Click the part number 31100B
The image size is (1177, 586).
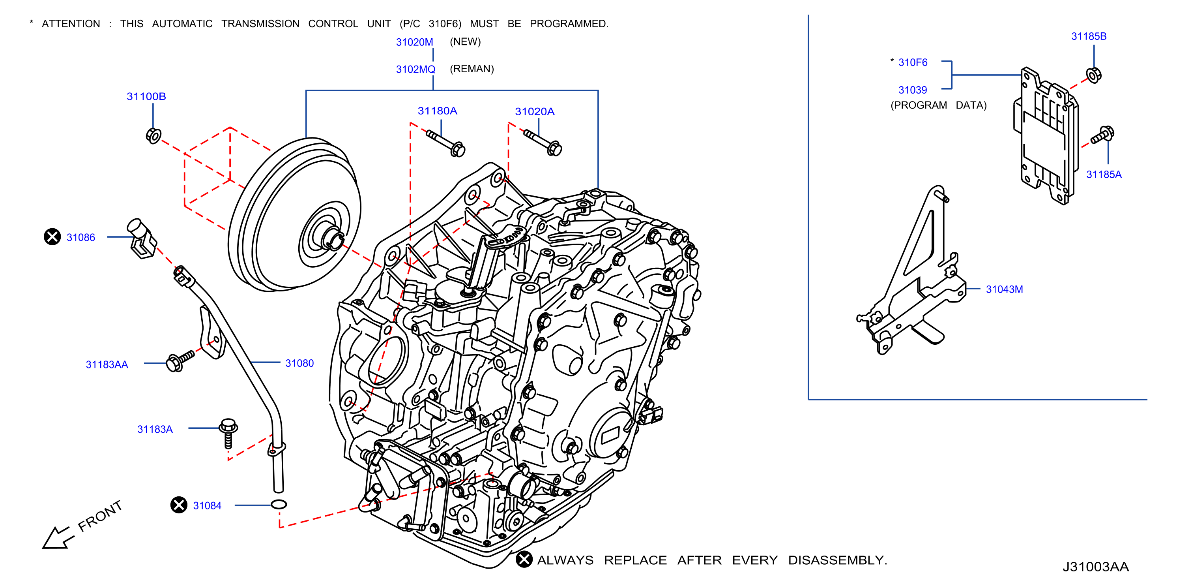146,96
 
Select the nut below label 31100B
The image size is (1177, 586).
153,136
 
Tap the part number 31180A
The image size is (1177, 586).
437,111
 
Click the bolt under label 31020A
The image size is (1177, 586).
544,142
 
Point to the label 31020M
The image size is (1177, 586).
414,42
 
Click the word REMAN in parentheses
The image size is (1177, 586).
472,69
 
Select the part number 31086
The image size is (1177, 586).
80,237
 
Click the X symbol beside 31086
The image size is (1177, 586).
52,237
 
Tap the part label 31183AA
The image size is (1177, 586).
107,364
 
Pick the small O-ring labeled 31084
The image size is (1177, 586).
279,504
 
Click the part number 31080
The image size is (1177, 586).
299,363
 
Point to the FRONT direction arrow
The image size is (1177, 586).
57,537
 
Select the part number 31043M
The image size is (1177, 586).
1004,289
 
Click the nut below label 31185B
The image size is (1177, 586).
1093,75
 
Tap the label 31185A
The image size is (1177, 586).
1104,174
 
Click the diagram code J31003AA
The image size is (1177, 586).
1095,566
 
